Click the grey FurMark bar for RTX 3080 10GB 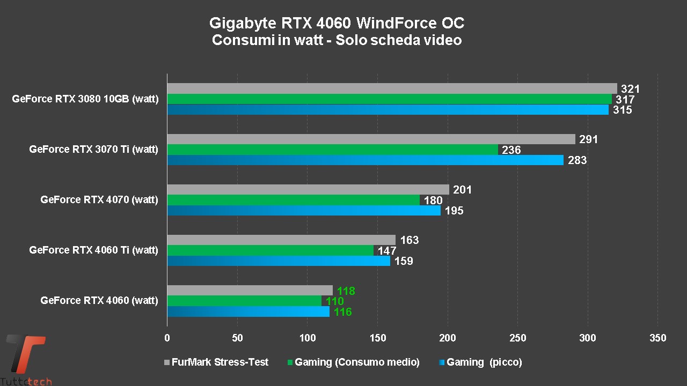coord(392,88)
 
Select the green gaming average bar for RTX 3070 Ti coord(333,150)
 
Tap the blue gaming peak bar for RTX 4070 coord(304,211)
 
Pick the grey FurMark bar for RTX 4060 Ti coord(281,240)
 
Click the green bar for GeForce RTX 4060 coord(244,301)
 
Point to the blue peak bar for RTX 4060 coord(249,311)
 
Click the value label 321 coord(631,90)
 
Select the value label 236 coord(511,150)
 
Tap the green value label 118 coord(346,291)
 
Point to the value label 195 coord(454,211)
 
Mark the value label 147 coord(386,250)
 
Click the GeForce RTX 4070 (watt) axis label coord(99,200)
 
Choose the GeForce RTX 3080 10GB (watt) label coord(85,99)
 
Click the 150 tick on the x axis coord(377,338)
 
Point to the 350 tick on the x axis coord(657,338)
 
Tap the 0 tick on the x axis coord(167,338)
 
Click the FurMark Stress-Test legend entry coord(216,362)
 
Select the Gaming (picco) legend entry coord(480,362)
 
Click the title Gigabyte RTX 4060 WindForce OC coord(337,24)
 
